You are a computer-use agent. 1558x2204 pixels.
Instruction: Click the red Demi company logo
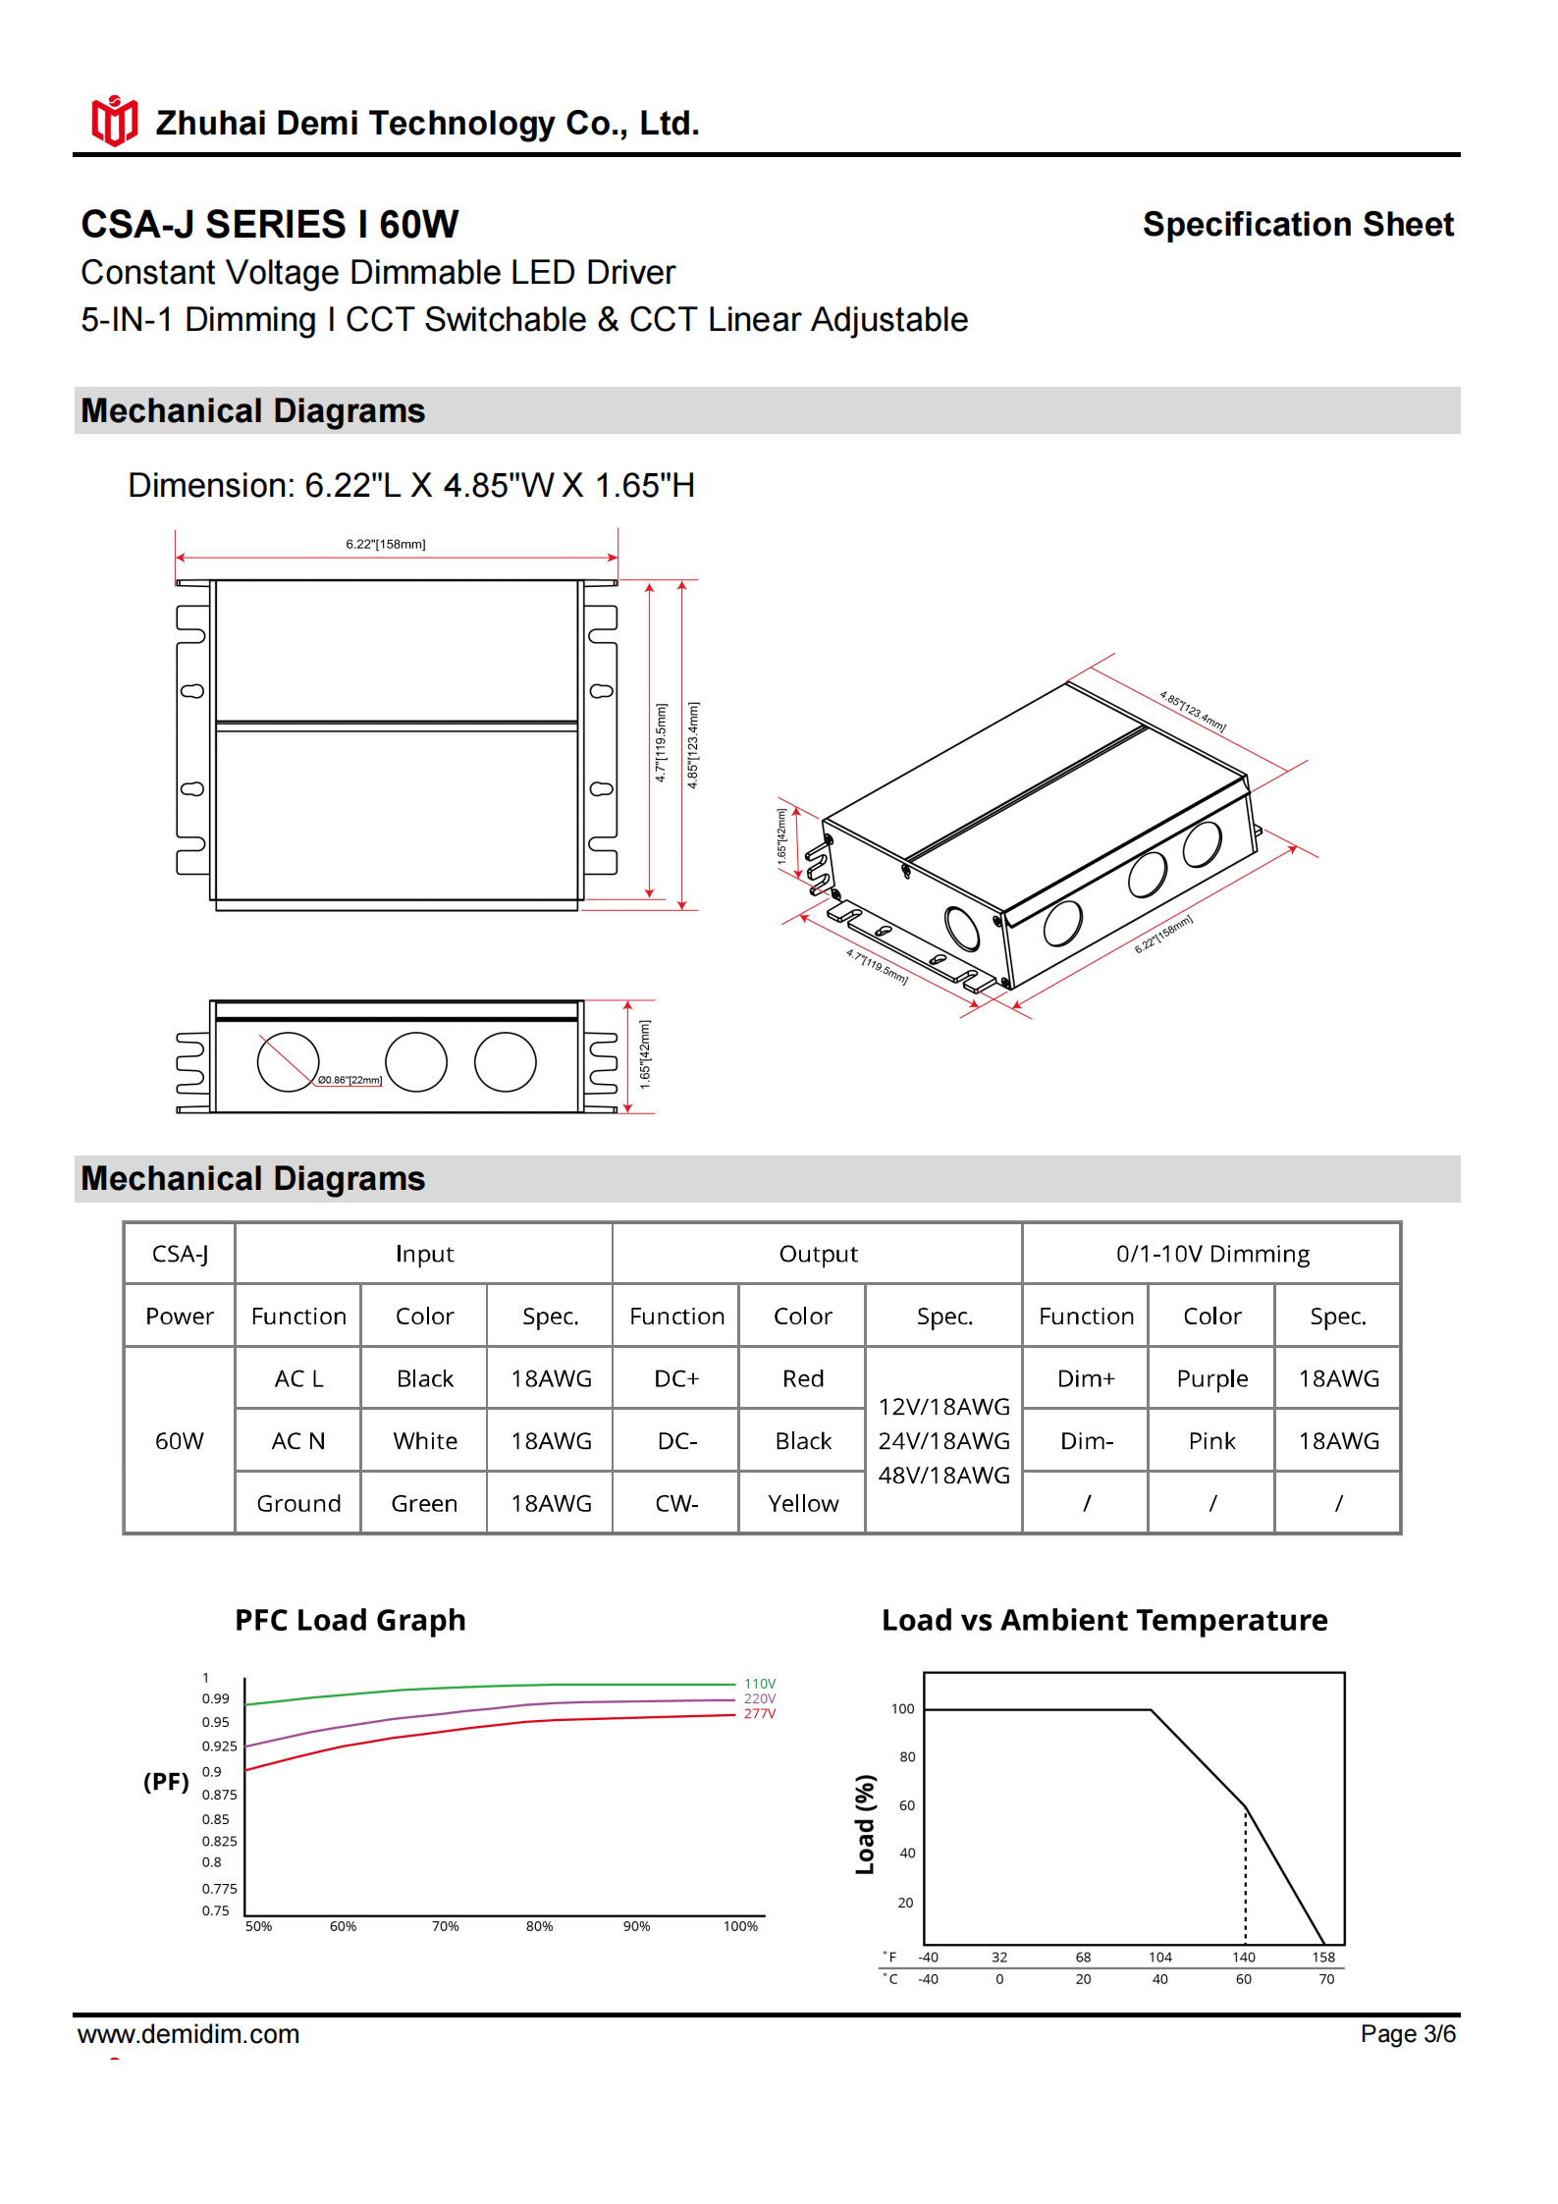point(114,122)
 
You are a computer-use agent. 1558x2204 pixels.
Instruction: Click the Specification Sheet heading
point(1297,224)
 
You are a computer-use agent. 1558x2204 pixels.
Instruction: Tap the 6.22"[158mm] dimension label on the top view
point(385,544)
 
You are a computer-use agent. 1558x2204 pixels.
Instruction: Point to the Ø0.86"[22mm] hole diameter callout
point(349,1080)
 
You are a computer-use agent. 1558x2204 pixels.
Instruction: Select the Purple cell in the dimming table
point(1211,1378)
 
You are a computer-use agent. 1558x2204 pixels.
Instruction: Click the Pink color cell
point(1211,1441)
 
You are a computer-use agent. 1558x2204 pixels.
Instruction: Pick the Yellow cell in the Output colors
point(802,1503)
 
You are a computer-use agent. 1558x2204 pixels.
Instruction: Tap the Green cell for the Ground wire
point(424,1503)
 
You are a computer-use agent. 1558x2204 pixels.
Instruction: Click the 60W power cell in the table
point(180,1441)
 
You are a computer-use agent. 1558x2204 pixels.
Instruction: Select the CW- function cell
point(676,1503)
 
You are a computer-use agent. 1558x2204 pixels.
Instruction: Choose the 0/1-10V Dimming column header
point(1211,1254)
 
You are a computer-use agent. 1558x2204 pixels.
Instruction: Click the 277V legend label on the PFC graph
point(759,1714)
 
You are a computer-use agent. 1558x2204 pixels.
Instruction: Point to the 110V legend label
point(759,1684)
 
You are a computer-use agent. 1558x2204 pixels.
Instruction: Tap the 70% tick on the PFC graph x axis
point(445,1927)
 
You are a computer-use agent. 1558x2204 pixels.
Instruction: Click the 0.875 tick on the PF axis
point(219,1795)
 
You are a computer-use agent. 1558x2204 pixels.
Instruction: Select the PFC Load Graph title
point(349,1620)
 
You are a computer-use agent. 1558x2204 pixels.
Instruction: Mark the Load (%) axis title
point(865,1824)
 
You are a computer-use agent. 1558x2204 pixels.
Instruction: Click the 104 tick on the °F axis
point(1159,1958)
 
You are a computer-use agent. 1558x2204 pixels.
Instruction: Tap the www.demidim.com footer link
point(188,2034)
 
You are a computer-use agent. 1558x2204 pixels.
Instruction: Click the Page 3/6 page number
point(1407,2034)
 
